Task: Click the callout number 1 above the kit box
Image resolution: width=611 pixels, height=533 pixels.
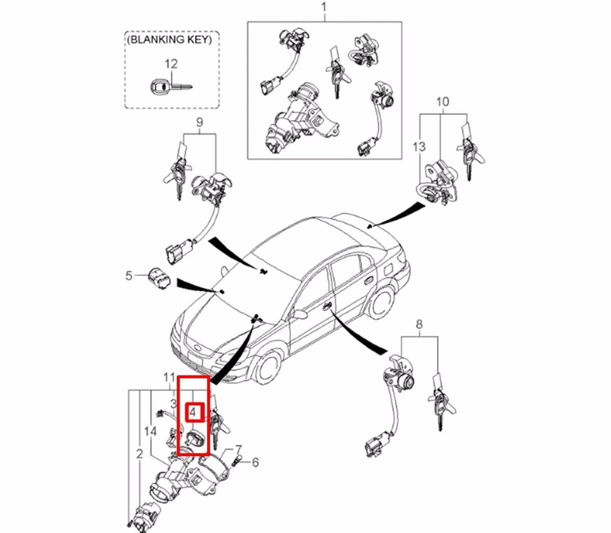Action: click(x=324, y=8)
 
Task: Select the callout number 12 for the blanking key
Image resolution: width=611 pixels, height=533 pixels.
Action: click(x=171, y=64)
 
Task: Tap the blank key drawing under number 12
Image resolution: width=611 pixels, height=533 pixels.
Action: click(x=170, y=88)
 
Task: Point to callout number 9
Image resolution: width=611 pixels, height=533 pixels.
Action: click(x=199, y=122)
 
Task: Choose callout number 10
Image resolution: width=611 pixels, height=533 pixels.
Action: click(x=442, y=102)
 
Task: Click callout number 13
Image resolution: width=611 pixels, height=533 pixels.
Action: click(x=419, y=147)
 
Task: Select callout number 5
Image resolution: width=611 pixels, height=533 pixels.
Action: click(x=129, y=276)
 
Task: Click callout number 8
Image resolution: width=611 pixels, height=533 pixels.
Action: click(x=419, y=324)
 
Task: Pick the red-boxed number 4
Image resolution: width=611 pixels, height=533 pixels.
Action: click(x=193, y=411)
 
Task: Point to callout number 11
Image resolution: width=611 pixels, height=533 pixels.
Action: click(x=168, y=377)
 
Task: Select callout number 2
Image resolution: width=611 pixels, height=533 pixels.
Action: click(x=140, y=454)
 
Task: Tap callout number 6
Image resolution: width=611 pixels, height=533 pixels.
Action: click(x=255, y=462)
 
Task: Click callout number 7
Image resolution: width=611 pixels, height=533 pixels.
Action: click(x=237, y=450)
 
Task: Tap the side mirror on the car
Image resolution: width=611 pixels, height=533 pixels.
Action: click(x=299, y=315)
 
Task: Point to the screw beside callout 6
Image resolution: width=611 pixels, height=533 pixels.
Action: click(x=236, y=462)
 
